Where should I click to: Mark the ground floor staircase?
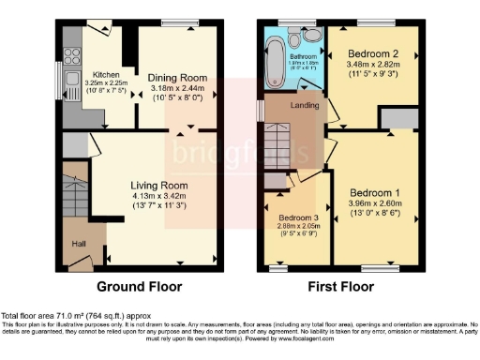coord(72,191)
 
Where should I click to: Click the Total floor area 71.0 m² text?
coord(75,316)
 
